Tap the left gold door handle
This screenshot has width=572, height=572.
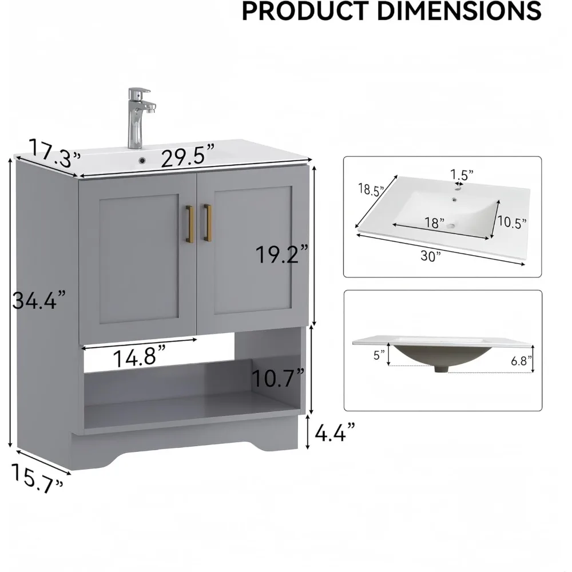click(x=189, y=224)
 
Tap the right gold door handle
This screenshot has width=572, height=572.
click(x=207, y=223)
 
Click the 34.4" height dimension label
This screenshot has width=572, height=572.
click(x=39, y=301)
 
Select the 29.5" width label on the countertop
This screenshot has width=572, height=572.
click(x=188, y=156)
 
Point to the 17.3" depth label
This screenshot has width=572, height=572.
click(x=55, y=153)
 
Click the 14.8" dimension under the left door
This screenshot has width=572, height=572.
click(x=140, y=357)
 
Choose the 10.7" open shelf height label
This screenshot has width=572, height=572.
click(x=278, y=378)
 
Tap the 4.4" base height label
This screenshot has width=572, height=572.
click(x=335, y=432)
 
